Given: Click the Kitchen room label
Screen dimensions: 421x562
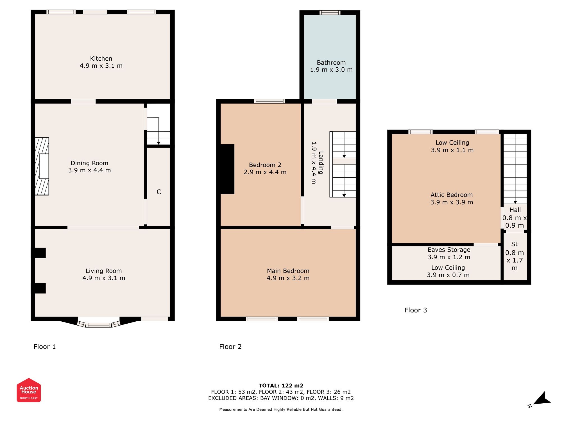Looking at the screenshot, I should click(x=101, y=59).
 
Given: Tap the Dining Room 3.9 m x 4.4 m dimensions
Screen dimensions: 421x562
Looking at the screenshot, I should click(x=89, y=170).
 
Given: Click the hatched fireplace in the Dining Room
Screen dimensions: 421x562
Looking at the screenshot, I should click(x=42, y=166).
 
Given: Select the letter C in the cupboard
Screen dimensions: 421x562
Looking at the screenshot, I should click(x=159, y=192).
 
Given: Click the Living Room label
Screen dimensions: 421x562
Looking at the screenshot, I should click(x=104, y=271).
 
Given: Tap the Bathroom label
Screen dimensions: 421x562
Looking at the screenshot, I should click(x=331, y=63).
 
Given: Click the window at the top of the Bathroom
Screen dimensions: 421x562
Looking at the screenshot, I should click(x=330, y=13).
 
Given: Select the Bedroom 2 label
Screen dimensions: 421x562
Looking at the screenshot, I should click(x=265, y=165).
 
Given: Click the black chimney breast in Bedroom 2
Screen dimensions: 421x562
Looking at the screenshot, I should click(x=227, y=169).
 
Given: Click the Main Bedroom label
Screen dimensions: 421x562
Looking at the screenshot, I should click(x=288, y=271).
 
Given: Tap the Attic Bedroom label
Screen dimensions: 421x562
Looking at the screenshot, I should click(x=452, y=195).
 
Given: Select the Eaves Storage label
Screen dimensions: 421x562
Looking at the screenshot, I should click(x=449, y=250).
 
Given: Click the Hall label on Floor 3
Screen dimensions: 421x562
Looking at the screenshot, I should click(x=515, y=210).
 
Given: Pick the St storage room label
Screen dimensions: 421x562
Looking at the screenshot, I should click(x=515, y=244).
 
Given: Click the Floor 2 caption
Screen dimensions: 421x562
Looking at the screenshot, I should click(x=230, y=347).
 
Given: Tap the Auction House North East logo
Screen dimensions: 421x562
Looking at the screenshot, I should click(x=29, y=390).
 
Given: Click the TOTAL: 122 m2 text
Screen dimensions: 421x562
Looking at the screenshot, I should click(x=281, y=386).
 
